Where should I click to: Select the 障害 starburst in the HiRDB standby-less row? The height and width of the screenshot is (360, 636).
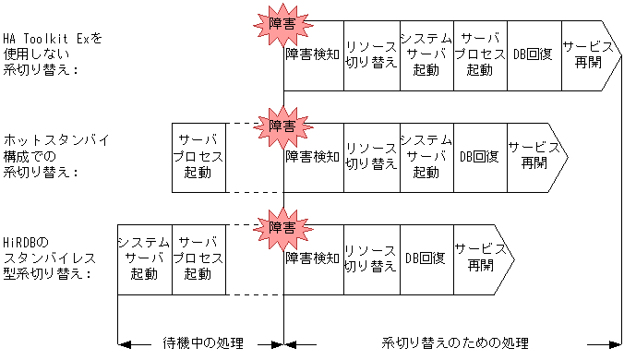283,227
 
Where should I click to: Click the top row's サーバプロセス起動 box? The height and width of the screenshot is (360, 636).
480,54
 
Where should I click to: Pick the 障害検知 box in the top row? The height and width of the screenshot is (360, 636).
313,54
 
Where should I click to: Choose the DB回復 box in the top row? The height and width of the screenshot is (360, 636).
534,54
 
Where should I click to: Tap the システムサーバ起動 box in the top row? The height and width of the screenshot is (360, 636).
426,54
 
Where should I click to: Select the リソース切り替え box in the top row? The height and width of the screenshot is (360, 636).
370,54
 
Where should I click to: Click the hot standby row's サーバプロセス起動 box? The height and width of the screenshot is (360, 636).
198,156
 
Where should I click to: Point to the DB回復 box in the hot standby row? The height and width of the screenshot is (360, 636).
480,156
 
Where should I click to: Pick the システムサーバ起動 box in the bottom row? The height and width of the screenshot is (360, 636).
144,258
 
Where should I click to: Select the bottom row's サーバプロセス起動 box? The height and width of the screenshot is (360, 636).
198,258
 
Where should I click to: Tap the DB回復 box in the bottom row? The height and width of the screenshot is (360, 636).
426,258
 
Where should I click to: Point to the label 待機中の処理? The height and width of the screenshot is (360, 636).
202,344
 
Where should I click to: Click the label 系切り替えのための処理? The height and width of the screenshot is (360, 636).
455,344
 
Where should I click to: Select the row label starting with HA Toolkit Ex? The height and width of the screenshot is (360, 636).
54,54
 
